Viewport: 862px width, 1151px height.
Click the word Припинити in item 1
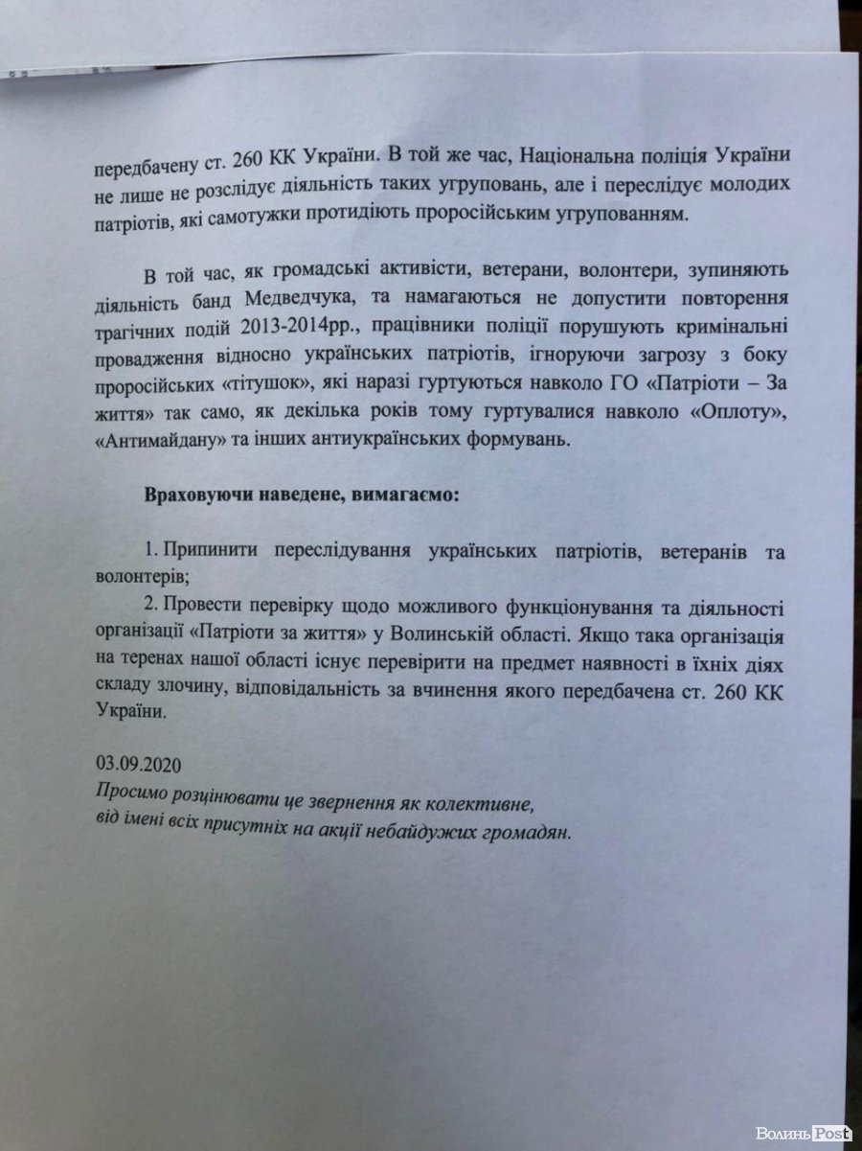212,554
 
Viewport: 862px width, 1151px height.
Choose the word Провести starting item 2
202,609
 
